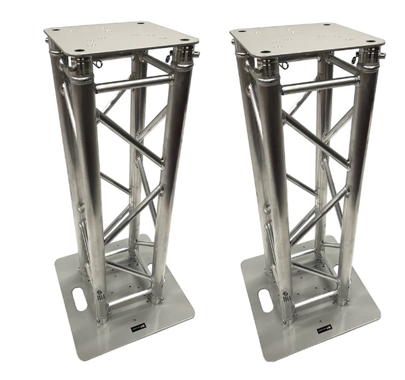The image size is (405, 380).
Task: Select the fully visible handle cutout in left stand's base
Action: [80, 299]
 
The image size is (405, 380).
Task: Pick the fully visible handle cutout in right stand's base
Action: [265, 299]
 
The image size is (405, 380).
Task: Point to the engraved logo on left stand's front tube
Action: [99, 295]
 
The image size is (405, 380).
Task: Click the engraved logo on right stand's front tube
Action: [285, 295]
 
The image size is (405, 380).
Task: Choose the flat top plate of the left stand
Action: [122, 37]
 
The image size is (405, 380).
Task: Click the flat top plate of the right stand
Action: [307, 37]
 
